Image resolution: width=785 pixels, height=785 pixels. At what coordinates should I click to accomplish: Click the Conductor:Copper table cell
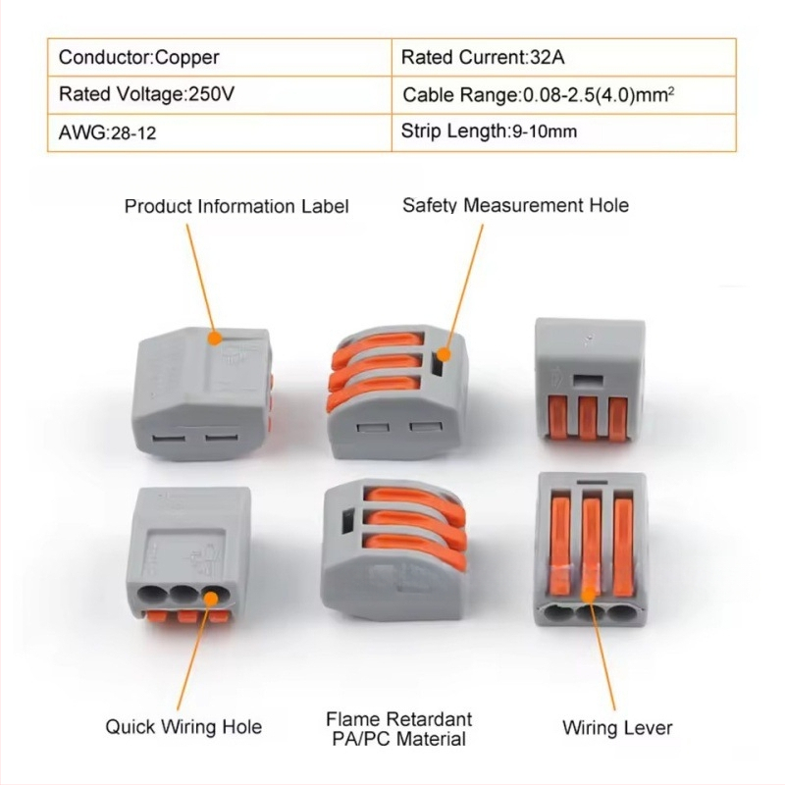click(138, 57)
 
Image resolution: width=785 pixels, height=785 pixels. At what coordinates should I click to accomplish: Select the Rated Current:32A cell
click(483, 57)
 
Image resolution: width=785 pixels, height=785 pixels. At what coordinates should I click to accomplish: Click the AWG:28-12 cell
click(108, 132)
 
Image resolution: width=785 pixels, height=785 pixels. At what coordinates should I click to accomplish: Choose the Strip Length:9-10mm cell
click(489, 131)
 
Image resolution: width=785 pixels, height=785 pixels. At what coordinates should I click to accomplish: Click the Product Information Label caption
click(236, 206)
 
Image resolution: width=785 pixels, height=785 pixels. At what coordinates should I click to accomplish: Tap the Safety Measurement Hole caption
click(515, 205)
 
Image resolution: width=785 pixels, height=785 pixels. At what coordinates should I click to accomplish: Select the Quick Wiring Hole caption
click(183, 727)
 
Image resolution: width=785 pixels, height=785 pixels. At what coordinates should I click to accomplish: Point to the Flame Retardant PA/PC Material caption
click(398, 729)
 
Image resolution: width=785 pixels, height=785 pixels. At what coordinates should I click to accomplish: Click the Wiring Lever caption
click(617, 727)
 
